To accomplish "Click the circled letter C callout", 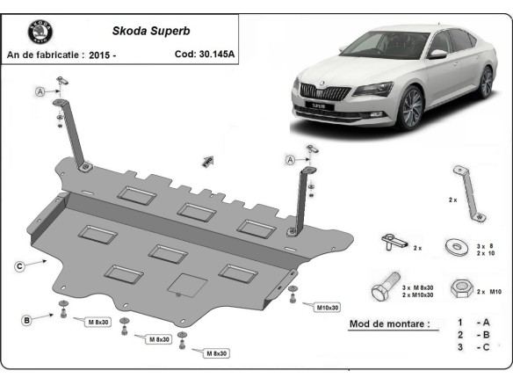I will [x=18, y=263].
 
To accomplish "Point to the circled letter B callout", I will [x=27, y=320].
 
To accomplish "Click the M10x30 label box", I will [x=326, y=306].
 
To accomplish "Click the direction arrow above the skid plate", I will [x=208, y=161].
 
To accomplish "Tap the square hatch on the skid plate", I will [x=187, y=284].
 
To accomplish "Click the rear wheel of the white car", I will [x=486, y=82].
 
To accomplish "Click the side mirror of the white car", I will [x=437, y=54].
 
